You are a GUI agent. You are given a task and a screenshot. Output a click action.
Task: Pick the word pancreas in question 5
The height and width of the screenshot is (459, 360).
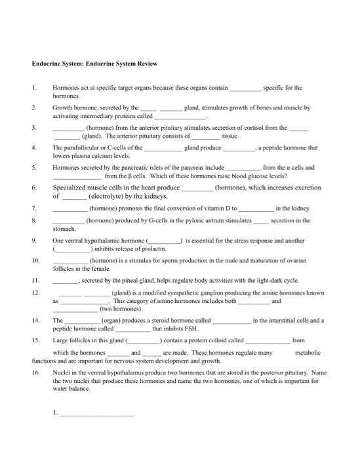[x=192, y=167]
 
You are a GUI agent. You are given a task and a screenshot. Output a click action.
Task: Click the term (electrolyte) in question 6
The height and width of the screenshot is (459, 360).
[x=109, y=195]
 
